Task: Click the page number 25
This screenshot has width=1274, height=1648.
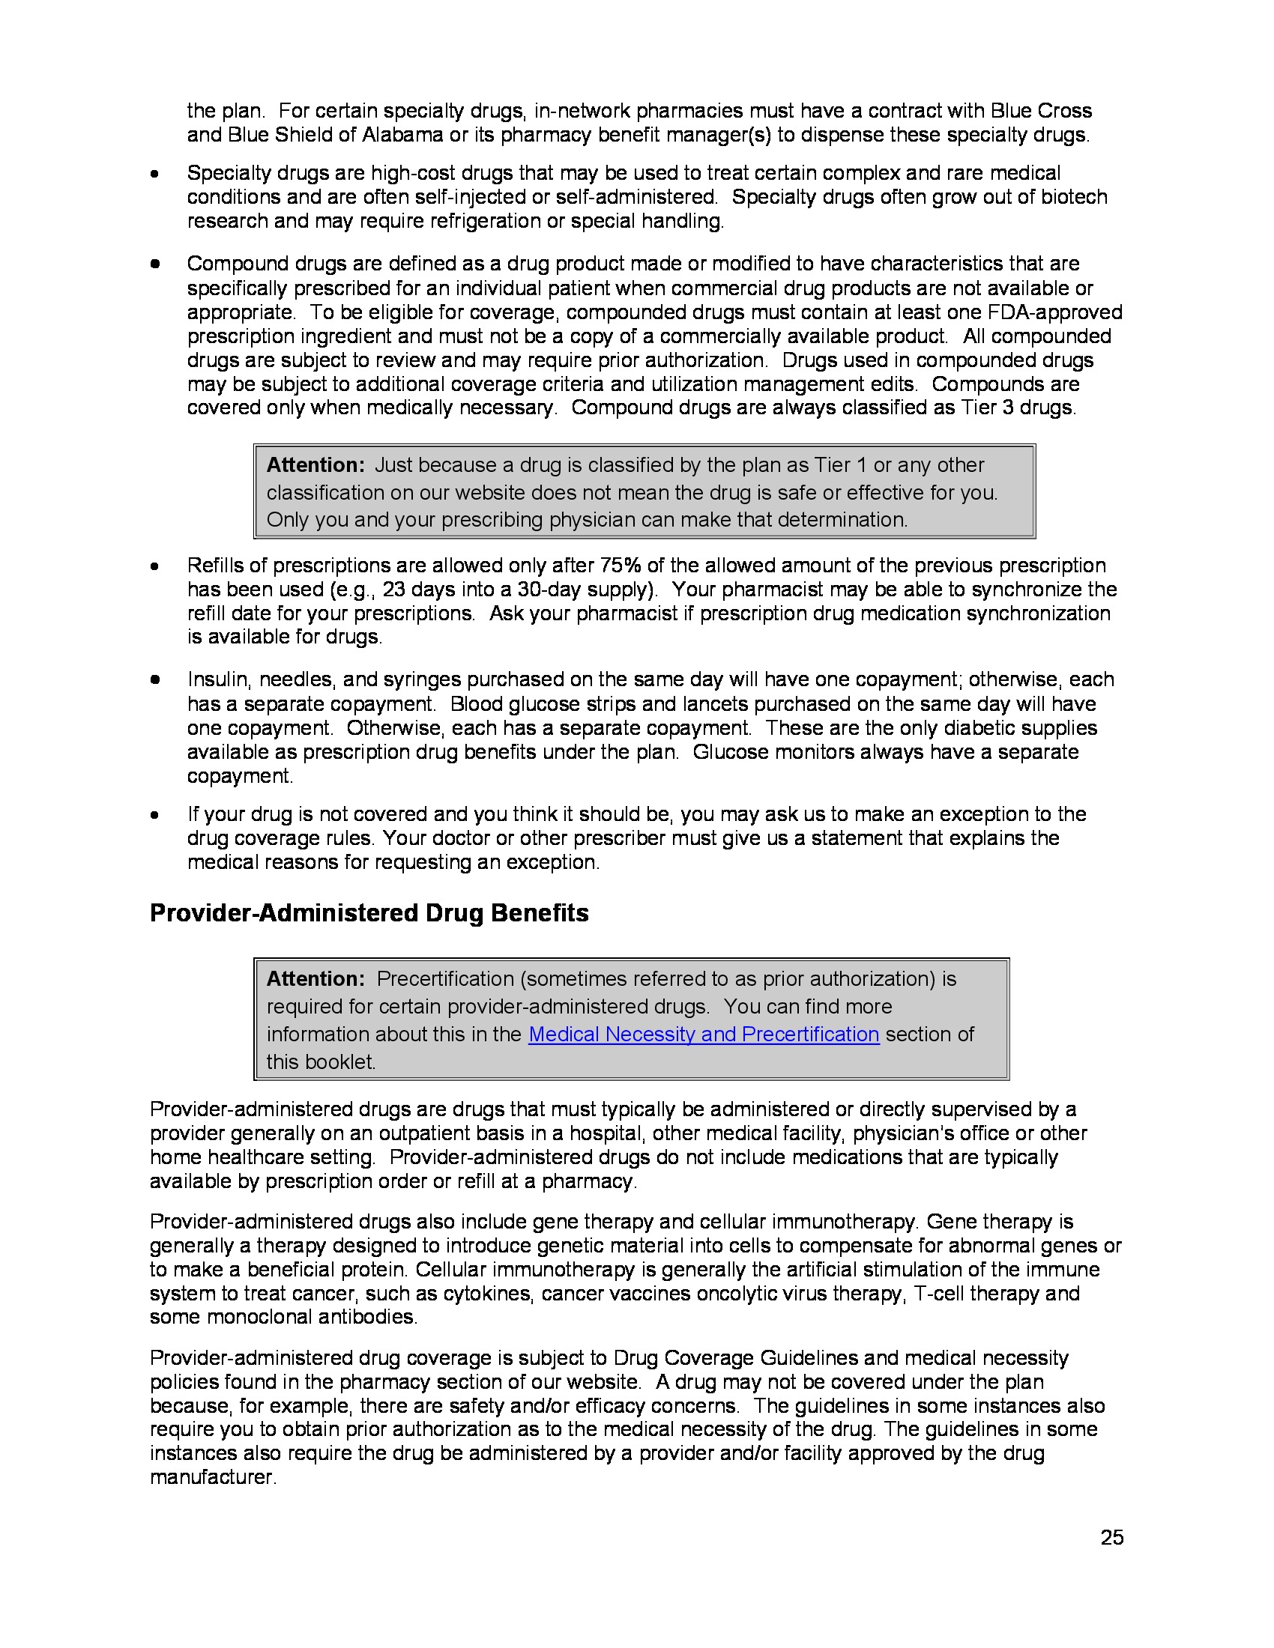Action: [x=1111, y=1537]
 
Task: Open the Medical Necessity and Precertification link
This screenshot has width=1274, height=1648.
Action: [x=704, y=1034]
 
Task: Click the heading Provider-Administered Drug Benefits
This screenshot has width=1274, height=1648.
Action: [x=369, y=913]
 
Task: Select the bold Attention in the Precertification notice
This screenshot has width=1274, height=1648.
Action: [x=315, y=979]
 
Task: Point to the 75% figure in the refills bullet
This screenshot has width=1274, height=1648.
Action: [x=621, y=565]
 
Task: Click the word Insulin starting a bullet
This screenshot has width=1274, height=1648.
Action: [x=218, y=679]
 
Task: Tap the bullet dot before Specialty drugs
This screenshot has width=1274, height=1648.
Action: [x=154, y=175]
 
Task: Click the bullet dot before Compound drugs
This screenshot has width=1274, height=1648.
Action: [x=154, y=264]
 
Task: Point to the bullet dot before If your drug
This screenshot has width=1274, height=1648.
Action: [x=154, y=815]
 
